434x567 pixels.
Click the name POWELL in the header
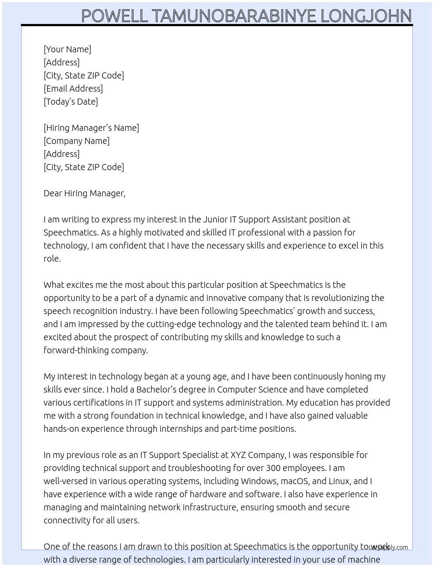[115, 16]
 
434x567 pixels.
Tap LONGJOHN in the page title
[366, 16]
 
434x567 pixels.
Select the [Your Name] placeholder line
[68, 49]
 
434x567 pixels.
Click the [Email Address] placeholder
[73, 89]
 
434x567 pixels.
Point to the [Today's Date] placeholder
[71, 102]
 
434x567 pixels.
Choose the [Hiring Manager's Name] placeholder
[91, 128]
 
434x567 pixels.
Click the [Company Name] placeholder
[77, 141]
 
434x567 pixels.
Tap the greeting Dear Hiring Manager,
[85, 193]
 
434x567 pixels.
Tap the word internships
[181, 429]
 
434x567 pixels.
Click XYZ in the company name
[239, 455]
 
